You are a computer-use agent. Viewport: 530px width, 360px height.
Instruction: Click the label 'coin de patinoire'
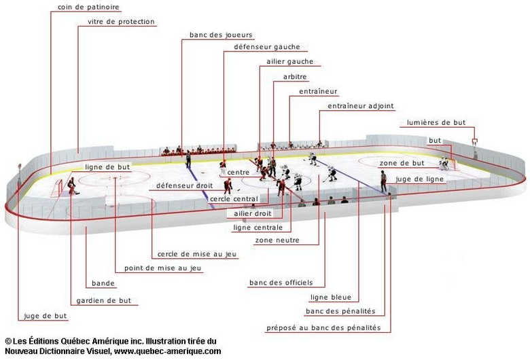[x=88, y=7]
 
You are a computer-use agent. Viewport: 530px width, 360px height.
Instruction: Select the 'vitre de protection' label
[x=121, y=22]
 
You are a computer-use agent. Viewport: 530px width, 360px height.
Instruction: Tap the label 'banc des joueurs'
[x=221, y=35]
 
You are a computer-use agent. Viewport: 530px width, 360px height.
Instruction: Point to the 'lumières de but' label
[x=436, y=122]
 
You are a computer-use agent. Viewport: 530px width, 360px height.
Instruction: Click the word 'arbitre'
[x=295, y=77]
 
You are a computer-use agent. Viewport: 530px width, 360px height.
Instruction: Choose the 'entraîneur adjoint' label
[x=361, y=106]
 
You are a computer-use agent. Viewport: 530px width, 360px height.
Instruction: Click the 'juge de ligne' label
[x=419, y=179]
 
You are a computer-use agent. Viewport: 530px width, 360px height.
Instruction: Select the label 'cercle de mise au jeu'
[x=197, y=254]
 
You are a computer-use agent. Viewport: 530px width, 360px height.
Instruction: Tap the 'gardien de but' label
[x=103, y=300]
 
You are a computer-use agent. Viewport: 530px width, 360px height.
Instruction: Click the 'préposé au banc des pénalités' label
[x=323, y=327]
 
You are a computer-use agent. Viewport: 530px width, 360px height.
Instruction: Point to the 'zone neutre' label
[x=277, y=240]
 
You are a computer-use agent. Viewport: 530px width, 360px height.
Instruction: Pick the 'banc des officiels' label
[x=281, y=283]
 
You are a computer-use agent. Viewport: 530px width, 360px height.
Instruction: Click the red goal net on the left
[x=57, y=188]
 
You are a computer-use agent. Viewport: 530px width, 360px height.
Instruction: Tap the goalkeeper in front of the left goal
[x=72, y=186]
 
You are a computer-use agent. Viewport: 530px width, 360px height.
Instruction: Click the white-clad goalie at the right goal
[x=444, y=163]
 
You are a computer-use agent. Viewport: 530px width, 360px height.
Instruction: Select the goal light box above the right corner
[x=474, y=141]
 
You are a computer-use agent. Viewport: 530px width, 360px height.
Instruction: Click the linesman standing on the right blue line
[x=383, y=181]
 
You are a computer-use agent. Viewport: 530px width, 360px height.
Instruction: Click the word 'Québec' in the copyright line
[x=75, y=341]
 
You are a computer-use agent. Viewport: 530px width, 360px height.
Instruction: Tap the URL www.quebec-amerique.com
[x=167, y=351]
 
